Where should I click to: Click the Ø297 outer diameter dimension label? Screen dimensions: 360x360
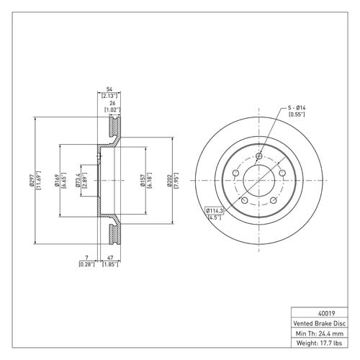coord(32,180)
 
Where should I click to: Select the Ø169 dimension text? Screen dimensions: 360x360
coord(57,180)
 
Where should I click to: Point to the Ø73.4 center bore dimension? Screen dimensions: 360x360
coord(78,180)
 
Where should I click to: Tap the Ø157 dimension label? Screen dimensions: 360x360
coord(143,180)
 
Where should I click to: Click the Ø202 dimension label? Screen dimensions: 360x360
coord(170,180)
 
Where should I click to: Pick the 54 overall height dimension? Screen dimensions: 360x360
coord(109,89)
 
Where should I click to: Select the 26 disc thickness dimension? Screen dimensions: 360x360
coord(112,103)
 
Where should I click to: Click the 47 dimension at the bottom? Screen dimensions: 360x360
coord(110,258)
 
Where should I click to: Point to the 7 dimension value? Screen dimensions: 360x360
coord(87,258)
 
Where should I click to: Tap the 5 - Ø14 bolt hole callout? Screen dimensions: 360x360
coord(297,108)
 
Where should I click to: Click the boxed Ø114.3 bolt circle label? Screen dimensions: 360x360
coord(215,211)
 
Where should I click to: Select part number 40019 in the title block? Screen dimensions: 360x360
coord(326,313)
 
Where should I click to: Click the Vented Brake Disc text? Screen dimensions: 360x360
coord(320,323)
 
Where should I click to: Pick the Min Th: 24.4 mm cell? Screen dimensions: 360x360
coord(320,333)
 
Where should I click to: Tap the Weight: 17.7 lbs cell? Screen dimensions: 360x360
coord(320,343)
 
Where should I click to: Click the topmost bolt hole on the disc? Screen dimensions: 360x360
coord(259,156)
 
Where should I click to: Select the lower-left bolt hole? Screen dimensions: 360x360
coord(244,200)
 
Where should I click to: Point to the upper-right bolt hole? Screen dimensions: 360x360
coord(282,173)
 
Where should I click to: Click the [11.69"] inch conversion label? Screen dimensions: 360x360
coord(38,180)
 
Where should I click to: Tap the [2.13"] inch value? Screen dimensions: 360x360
coord(109,96)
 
